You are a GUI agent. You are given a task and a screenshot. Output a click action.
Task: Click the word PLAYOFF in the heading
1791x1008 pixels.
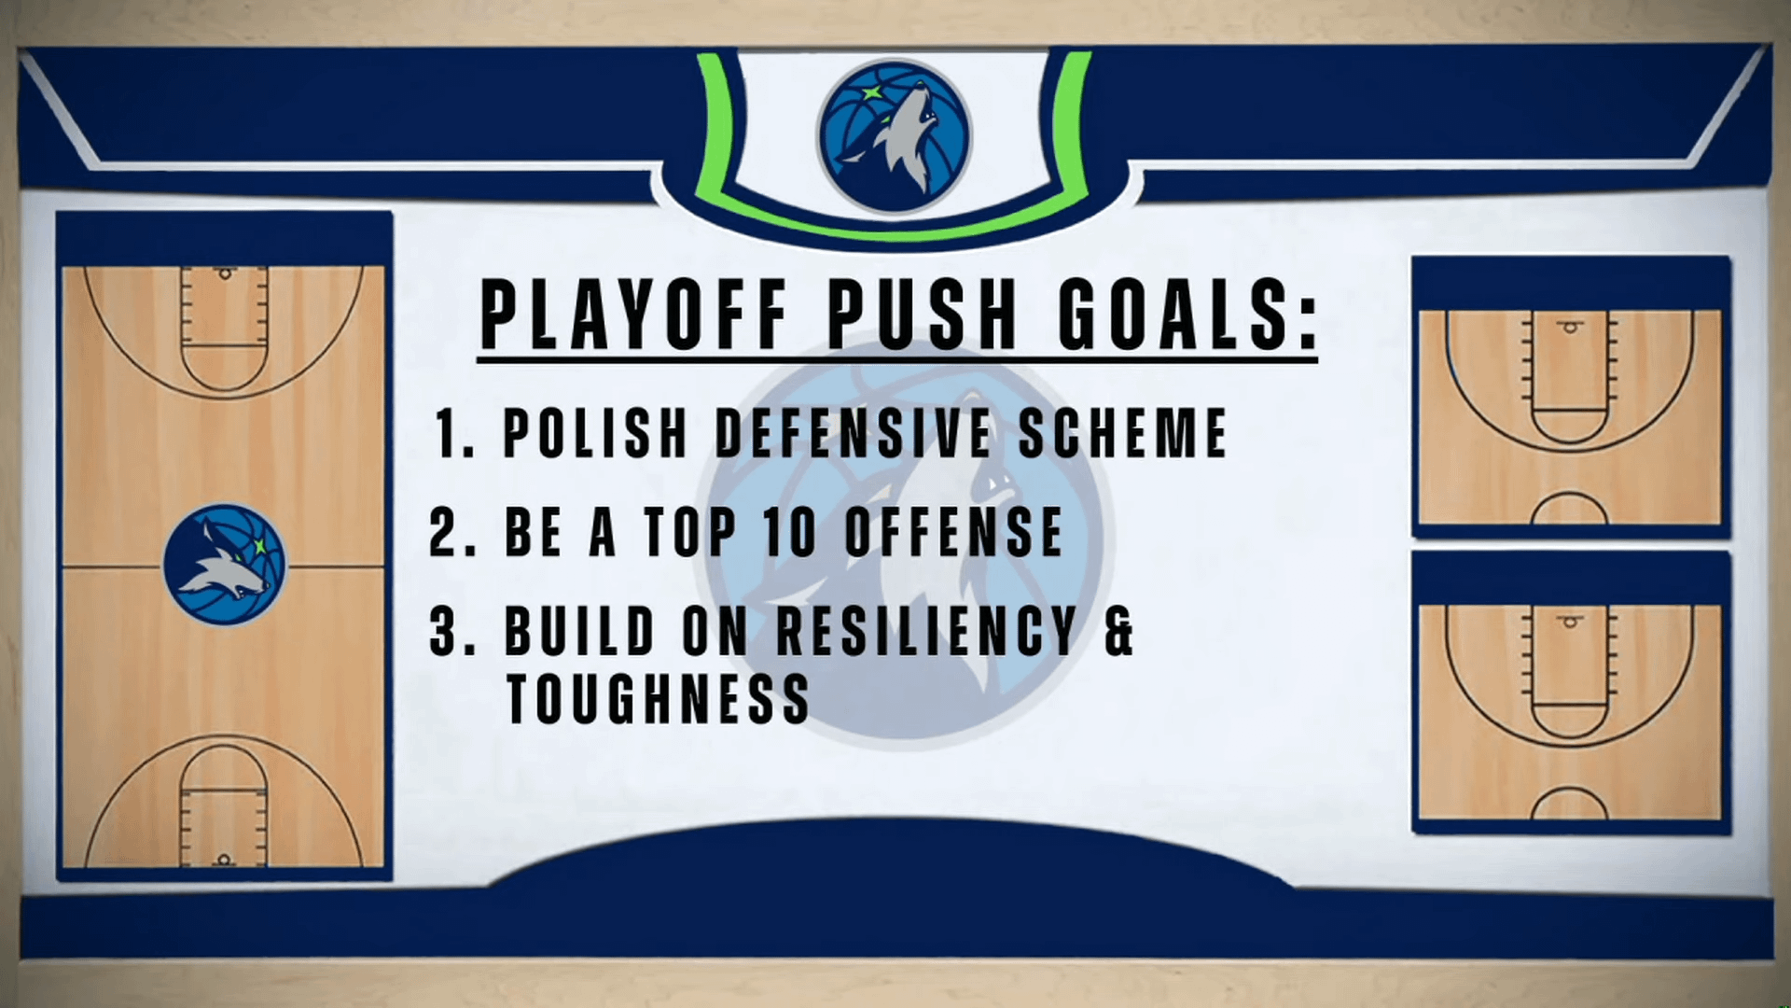tap(634, 313)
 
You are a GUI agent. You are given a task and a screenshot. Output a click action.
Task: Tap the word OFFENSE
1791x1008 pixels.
tap(953, 532)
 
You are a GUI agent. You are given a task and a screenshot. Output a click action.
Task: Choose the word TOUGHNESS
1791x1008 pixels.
tap(658, 699)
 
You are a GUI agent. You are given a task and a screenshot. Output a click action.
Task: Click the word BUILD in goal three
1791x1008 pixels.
tap(579, 631)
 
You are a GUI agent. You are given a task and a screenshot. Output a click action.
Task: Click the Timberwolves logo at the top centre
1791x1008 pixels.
tap(895, 135)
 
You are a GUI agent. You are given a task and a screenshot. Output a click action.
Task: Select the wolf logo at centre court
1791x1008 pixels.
tap(224, 565)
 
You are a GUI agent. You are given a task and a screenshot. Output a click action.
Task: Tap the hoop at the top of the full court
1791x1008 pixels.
tap(224, 274)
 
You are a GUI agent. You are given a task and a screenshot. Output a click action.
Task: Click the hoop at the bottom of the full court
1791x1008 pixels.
tap(223, 859)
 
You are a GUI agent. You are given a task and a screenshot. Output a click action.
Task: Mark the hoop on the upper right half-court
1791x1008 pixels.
tap(1571, 327)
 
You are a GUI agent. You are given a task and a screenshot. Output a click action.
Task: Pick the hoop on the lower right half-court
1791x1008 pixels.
tap(1571, 621)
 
